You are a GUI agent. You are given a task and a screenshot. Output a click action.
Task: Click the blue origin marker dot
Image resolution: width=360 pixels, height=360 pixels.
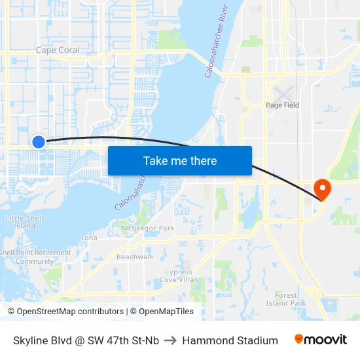click(x=39, y=141)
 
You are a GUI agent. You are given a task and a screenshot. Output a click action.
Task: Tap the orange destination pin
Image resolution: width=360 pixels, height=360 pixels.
click(x=323, y=189)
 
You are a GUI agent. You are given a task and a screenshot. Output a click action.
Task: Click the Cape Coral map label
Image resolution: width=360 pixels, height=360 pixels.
click(x=58, y=50)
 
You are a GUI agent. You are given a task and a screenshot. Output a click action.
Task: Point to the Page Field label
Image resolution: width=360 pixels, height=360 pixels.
click(x=282, y=105)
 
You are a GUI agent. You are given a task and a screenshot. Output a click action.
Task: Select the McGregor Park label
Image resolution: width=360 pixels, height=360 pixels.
click(x=148, y=228)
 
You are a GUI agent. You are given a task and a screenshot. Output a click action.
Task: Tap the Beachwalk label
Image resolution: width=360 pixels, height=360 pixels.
click(x=135, y=257)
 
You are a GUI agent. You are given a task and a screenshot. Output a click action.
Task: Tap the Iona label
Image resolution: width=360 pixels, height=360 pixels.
click(x=89, y=238)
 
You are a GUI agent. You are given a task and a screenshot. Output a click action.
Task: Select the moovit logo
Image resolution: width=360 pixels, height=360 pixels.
click(x=321, y=340)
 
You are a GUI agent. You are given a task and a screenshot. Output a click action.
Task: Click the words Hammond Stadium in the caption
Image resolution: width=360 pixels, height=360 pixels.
click(x=230, y=340)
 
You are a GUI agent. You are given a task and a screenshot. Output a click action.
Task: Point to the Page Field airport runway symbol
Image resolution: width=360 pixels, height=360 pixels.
click(x=283, y=93)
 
